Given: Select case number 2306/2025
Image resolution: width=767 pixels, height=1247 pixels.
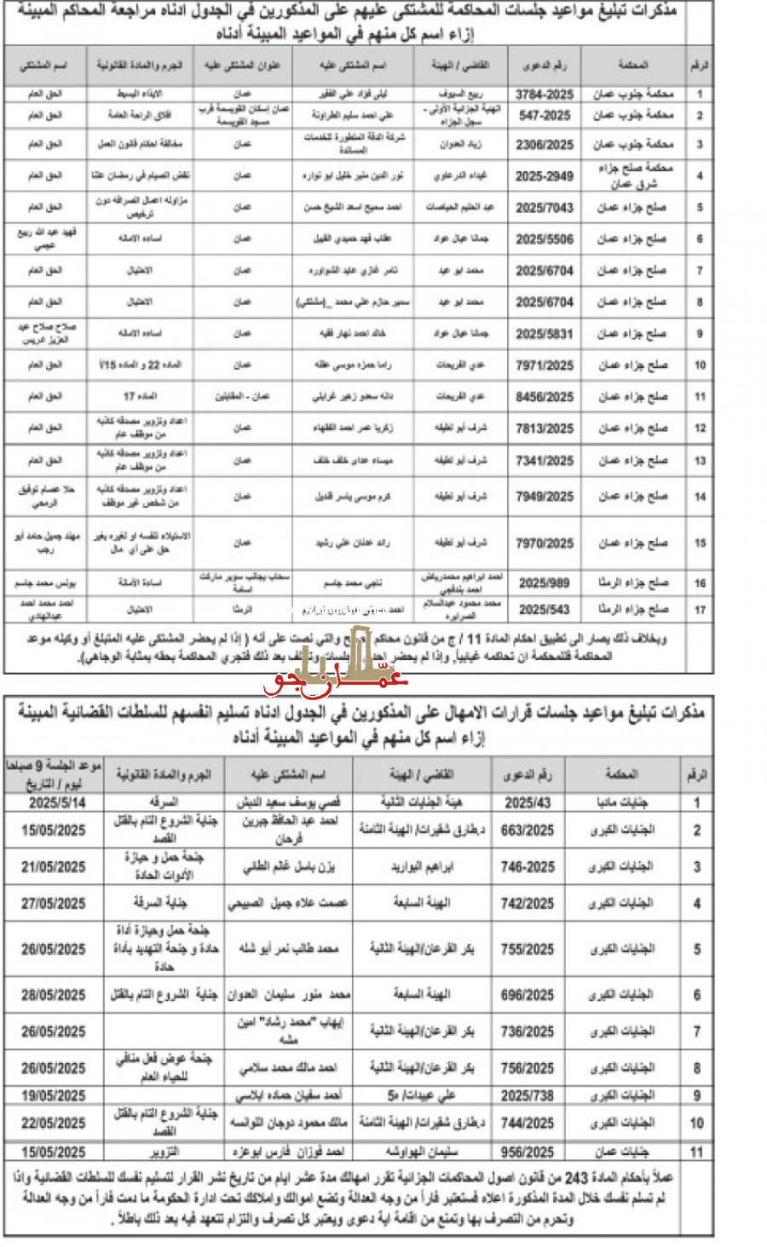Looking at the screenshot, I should [544, 145].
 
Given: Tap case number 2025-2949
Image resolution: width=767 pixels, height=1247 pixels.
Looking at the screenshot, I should [544, 176].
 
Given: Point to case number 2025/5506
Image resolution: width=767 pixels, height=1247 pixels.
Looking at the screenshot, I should [544, 239].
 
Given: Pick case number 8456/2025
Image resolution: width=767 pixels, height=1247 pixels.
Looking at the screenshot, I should [544, 397].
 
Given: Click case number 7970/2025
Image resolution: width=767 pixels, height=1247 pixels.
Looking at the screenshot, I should [544, 543].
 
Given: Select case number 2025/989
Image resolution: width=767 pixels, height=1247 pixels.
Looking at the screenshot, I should [544, 583].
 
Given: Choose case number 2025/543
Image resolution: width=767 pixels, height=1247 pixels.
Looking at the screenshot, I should [544, 610].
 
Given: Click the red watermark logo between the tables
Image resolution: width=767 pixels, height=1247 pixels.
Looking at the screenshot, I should [337, 673].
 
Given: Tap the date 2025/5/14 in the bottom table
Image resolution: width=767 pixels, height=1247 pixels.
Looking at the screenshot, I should [57, 802].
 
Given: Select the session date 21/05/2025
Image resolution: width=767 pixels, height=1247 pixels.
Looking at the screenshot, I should [54, 867].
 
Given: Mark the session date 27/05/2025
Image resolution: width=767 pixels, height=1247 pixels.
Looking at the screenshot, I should [54, 903].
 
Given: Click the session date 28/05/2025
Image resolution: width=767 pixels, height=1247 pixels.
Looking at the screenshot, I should [54, 995].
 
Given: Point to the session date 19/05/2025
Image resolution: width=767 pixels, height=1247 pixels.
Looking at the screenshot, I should [54, 1095].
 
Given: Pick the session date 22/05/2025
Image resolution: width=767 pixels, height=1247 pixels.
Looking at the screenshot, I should [54, 1123].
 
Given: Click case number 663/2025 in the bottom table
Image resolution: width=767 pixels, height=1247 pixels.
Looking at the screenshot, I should [528, 830].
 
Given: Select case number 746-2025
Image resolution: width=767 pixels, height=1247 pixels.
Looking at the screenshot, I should [528, 867].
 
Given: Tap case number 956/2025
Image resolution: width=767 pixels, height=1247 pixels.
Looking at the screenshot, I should [528, 1152].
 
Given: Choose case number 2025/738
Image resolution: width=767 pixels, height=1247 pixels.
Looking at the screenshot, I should [528, 1095].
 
